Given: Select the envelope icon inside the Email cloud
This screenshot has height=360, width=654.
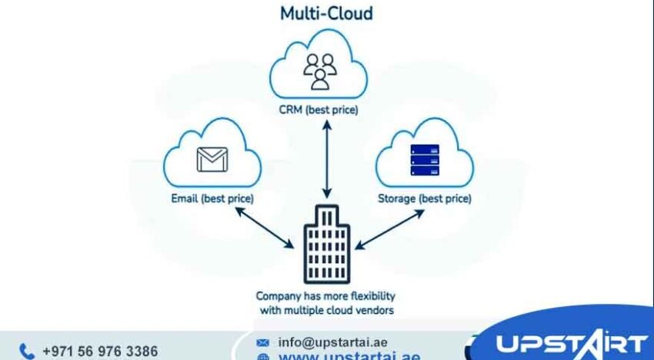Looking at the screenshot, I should (212, 159).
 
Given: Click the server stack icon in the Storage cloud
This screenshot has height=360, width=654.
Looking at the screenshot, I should (425, 159).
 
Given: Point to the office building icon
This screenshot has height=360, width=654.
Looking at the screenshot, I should (327, 245).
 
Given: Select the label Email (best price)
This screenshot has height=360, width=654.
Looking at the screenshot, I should (212, 199).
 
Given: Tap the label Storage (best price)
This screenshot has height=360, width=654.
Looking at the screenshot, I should (425, 199).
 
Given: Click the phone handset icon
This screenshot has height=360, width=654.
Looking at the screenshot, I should (27, 352).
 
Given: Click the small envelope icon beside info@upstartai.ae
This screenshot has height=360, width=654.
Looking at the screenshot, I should (263, 342).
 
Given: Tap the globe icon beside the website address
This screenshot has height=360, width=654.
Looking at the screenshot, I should (263, 357).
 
